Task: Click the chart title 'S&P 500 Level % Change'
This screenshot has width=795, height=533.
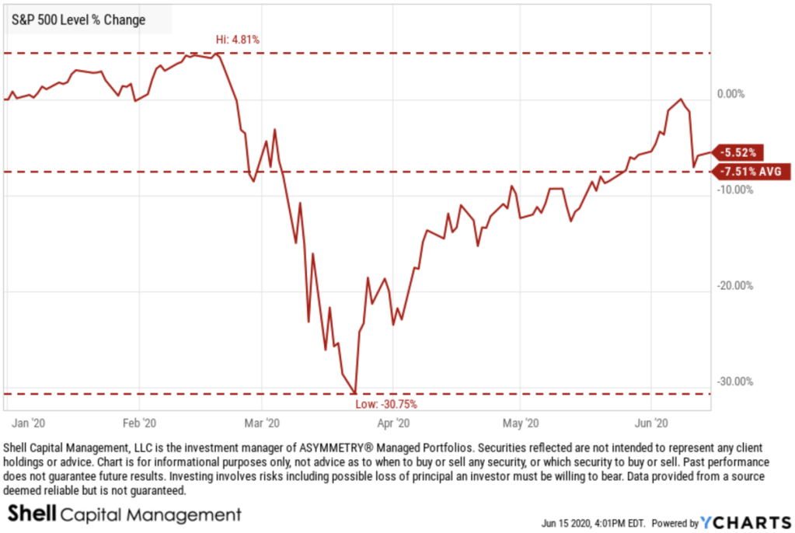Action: point(78,20)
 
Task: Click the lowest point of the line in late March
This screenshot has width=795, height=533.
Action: point(355,393)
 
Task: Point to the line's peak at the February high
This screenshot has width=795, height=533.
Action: point(218,54)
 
